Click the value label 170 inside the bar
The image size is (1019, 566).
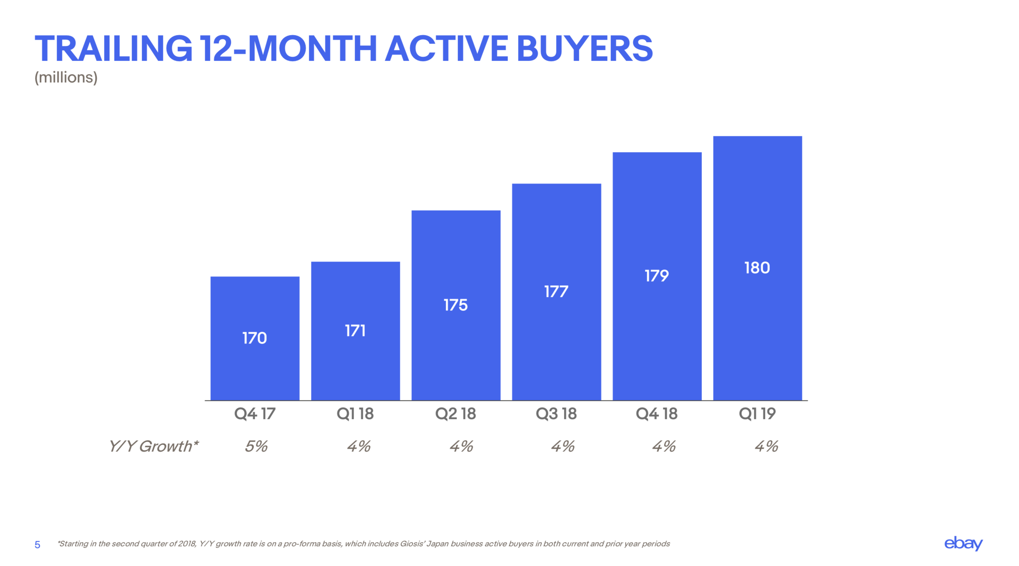tap(254, 338)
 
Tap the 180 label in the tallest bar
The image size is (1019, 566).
tap(757, 268)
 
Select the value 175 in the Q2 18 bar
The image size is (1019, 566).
tap(455, 305)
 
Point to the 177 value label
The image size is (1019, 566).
tap(556, 292)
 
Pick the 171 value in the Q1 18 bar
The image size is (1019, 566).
tap(355, 331)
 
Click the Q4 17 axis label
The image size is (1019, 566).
tap(254, 414)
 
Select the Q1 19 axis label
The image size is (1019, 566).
tap(757, 414)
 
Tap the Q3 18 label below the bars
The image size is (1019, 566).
tap(556, 414)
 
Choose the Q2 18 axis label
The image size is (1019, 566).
tap(455, 414)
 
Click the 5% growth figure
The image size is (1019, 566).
tap(256, 447)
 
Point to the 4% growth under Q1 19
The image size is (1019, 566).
tap(766, 447)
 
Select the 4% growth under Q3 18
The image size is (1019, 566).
tap(562, 447)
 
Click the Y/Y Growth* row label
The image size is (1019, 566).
tap(153, 447)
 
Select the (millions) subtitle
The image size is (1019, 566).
tap(66, 77)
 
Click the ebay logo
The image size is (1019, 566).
tap(963, 544)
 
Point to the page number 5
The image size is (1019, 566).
tap(37, 545)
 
